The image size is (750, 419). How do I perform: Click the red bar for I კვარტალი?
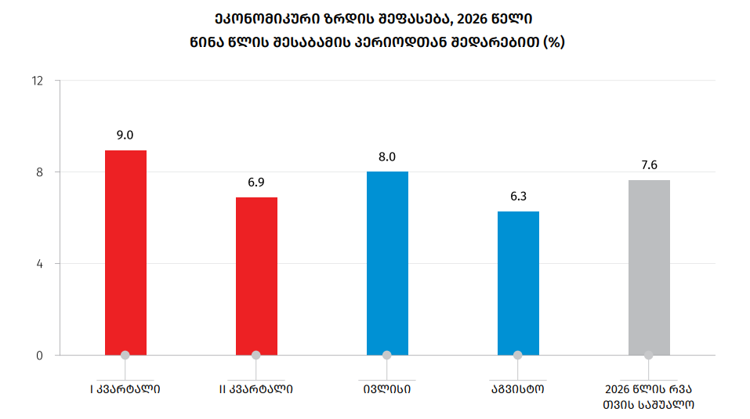pyautogui.click(x=126, y=253)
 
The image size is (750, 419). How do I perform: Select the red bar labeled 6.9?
pyautogui.click(x=256, y=276)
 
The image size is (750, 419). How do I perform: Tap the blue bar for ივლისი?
pyautogui.click(x=387, y=263)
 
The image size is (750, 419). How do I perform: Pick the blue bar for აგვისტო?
pyautogui.click(x=519, y=284)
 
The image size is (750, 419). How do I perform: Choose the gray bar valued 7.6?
pyautogui.click(x=649, y=268)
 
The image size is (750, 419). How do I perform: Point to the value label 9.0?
pyautogui.click(x=125, y=135)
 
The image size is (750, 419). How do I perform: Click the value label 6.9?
pyautogui.click(x=256, y=182)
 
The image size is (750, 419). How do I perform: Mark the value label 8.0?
pyautogui.click(x=387, y=157)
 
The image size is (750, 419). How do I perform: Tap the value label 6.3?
pyautogui.click(x=518, y=197)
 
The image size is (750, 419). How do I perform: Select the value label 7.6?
pyautogui.click(x=649, y=165)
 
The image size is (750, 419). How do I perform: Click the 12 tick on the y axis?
pyautogui.click(x=38, y=81)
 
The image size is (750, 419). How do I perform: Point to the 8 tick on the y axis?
pyautogui.click(x=40, y=172)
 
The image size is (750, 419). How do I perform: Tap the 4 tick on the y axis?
pyautogui.click(x=40, y=264)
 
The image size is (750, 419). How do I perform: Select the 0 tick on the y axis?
pyautogui.click(x=40, y=356)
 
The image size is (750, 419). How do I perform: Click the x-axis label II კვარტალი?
pyautogui.click(x=256, y=389)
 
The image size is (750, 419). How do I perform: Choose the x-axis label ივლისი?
pyautogui.click(x=387, y=389)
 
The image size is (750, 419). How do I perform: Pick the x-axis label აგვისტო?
pyautogui.click(x=518, y=389)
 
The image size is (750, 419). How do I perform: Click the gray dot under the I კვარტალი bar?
pyautogui.click(x=125, y=355)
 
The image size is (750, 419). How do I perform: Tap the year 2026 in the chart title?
pyautogui.click(x=472, y=19)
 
